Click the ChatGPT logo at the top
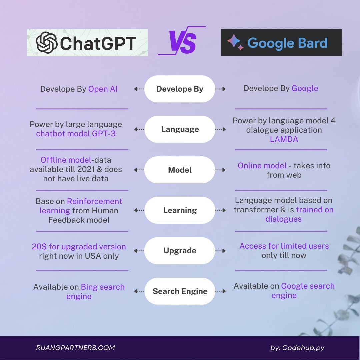coord(87,43)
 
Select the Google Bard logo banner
coord(281,43)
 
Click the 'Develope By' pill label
coord(180,89)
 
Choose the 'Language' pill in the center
coord(180,129)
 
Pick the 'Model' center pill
coord(180,170)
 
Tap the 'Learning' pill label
coord(180,210)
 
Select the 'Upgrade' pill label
coord(180,251)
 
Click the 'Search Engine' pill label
coord(180,291)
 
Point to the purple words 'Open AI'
coord(103,89)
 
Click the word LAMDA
coord(284,139)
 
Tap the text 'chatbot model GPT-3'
coord(76,134)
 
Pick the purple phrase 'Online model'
coord(262,166)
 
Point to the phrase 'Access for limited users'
coord(284,246)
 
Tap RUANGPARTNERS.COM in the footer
coord(75,348)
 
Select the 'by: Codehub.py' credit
coord(297,348)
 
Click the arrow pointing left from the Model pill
coord(139,170)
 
